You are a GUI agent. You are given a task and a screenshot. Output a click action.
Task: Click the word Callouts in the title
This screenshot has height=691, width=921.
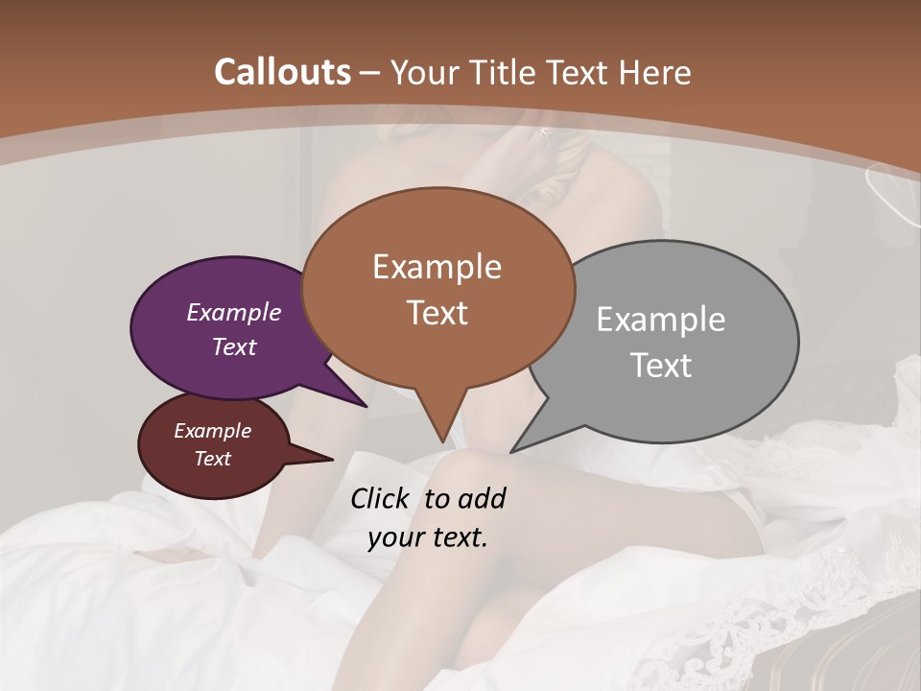point(282,72)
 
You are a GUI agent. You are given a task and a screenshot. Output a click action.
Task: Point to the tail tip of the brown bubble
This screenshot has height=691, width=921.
point(442,441)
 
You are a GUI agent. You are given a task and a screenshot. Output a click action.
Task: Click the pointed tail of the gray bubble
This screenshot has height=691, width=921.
point(513,450)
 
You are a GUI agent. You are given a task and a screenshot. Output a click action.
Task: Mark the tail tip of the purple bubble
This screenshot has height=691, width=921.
point(365,405)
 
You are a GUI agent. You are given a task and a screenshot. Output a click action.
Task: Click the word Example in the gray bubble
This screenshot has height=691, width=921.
point(661,320)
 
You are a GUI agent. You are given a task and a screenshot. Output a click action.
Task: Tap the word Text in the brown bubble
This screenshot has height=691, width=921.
point(437,313)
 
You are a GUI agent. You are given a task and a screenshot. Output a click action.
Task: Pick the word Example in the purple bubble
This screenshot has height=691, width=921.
point(234,313)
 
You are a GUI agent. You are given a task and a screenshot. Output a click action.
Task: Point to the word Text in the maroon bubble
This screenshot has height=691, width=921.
point(213,459)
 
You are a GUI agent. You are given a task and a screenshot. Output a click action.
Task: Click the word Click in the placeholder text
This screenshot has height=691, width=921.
point(380,498)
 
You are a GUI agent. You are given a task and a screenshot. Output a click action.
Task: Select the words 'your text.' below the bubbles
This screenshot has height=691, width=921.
point(428,537)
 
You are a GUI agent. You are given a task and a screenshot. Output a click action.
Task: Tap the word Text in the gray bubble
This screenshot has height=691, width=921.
point(661,366)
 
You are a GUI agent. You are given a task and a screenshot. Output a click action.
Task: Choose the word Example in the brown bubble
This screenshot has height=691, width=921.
point(437,267)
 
